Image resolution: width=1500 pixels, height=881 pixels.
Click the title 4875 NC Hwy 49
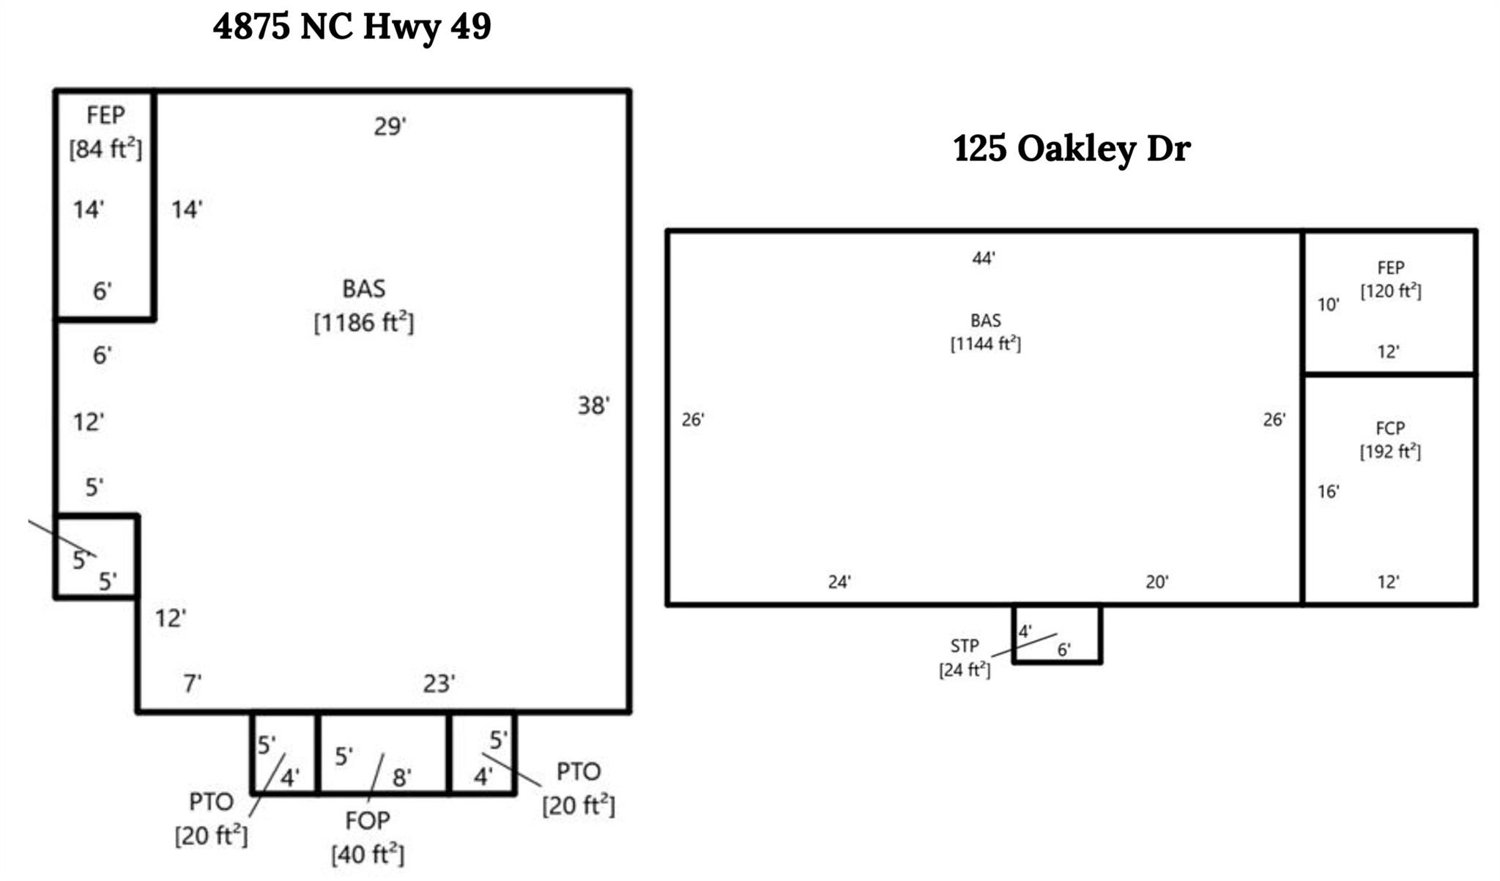(352, 27)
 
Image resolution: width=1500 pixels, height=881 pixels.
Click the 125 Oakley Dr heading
(1072, 149)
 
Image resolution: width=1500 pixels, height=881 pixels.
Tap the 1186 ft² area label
(363, 322)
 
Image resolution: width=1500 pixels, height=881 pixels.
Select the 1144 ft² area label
(985, 343)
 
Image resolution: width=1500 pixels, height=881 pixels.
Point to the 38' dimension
(593, 405)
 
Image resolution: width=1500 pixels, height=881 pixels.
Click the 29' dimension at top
(390, 127)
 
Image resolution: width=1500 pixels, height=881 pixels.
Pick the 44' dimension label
(983, 258)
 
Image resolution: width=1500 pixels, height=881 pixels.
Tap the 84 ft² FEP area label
(105, 149)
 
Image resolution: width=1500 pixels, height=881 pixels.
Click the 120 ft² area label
(1390, 291)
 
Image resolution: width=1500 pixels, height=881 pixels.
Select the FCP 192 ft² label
(1390, 440)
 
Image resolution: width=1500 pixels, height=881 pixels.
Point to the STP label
(964, 646)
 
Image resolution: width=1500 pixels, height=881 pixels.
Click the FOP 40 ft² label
(368, 837)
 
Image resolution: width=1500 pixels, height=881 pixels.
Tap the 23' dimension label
(439, 683)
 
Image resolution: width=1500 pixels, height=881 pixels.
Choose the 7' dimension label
(192, 683)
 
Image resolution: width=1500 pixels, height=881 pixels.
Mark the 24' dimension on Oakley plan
(839, 581)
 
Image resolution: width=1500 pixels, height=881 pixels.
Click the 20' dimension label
(1156, 581)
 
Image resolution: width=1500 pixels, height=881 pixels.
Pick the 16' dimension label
(1328, 491)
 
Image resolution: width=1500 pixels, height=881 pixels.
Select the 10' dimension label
(1328, 305)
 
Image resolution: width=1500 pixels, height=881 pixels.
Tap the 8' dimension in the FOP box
(401, 778)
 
